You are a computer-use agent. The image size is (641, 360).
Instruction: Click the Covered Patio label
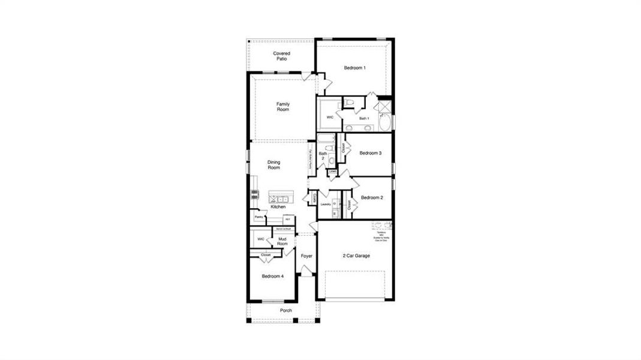tap(282, 56)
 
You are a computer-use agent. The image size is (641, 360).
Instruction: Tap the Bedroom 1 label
tap(354, 68)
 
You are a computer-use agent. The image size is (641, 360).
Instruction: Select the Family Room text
tap(282, 107)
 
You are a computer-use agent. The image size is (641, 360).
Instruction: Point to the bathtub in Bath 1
tap(384, 123)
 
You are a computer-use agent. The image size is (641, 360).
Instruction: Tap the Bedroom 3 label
tap(370, 153)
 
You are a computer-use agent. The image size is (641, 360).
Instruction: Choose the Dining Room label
tap(273, 165)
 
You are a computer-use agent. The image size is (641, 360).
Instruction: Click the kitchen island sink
tap(282, 197)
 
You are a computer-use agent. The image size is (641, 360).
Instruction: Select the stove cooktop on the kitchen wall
tap(254, 194)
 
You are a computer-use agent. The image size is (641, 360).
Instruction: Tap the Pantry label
tap(258, 217)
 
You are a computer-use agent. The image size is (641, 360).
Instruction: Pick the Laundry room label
tap(326, 204)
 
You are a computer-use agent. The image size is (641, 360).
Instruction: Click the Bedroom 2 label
tap(372, 197)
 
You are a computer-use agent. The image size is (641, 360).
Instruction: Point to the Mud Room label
tap(282, 242)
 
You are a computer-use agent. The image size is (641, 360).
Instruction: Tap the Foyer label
tap(306, 256)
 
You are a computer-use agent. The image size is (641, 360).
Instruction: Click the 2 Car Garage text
tap(356, 256)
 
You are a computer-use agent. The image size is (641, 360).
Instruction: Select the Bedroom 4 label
tap(273, 276)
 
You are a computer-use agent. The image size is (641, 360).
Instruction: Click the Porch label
tap(285, 311)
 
